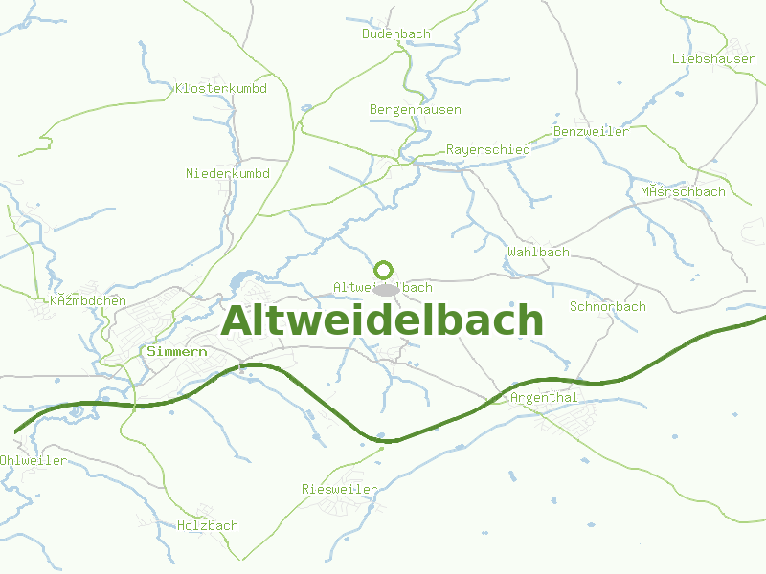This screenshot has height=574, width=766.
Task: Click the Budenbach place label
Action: [396, 33]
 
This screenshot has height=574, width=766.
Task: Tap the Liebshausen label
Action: [713, 58]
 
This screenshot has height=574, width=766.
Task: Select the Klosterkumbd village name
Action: [220, 89]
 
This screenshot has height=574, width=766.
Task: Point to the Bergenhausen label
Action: [416, 109]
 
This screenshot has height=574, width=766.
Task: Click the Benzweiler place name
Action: [591, 131]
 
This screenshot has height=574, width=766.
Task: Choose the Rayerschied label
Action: [487, 150]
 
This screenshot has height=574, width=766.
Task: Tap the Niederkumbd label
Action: [228, 173]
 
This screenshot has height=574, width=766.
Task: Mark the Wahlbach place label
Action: [538, 252]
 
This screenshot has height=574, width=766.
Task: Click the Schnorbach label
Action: [607, 307]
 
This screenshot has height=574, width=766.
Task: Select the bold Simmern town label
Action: [178, 351]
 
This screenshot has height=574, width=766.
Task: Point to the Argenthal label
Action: [545, 397]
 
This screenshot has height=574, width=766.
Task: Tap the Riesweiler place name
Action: [339, 489]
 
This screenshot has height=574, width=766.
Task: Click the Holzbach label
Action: [208, 525]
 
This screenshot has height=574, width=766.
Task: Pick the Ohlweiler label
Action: [34, 460]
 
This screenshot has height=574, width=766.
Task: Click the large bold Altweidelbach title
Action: [382, 321]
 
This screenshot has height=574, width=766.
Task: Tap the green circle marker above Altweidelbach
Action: [384, 270]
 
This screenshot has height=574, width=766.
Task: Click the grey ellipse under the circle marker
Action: [385, 289]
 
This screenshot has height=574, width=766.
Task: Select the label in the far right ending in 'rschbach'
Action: [683, 191]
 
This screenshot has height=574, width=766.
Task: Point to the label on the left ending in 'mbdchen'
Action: [87, 300]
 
